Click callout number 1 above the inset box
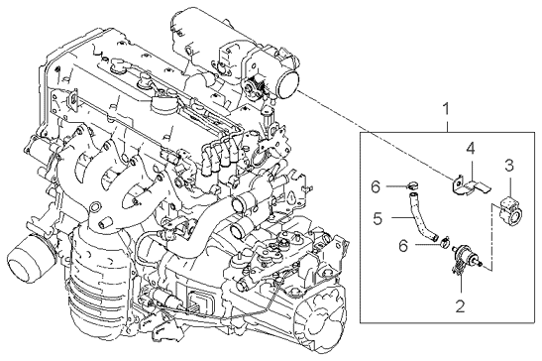click(x=446, y=109)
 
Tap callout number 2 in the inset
click(x=460, y=305)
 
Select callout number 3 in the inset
click(x=509, y=166)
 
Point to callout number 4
click(x=470, y=148)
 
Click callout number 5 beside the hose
click(x=378, y=218)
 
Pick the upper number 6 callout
click(x=376, y=186)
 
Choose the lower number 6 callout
click(x=403, y=246)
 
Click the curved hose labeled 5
click(x=421, y=217)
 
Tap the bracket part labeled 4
click(x=470, y=184)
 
